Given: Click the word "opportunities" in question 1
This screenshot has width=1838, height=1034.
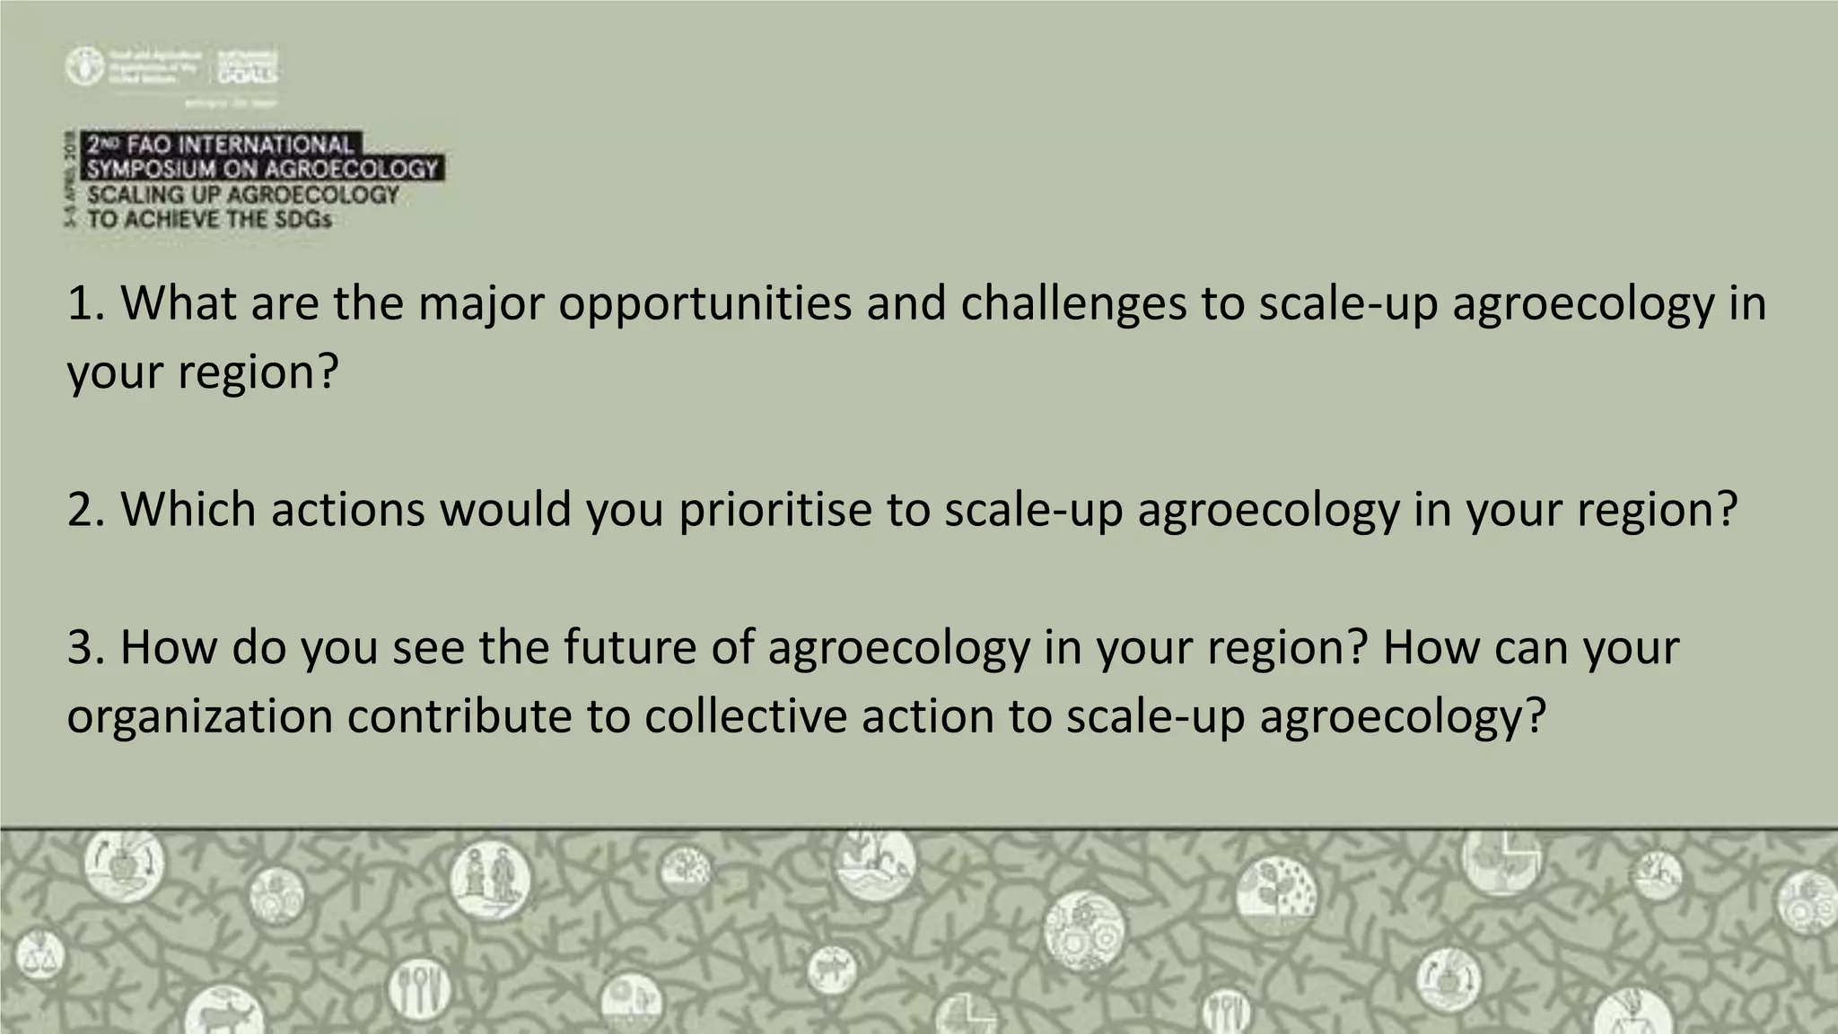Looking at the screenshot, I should point(705,303).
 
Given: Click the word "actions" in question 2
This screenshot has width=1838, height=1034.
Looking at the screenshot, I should point(347,510).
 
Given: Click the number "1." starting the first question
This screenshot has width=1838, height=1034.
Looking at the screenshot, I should point(87,303).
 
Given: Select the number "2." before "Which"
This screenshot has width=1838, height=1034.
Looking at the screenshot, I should point(87,510).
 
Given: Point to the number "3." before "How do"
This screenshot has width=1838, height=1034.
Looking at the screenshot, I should point(87,647).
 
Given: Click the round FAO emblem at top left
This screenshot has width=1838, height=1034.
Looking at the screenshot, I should point(84,66).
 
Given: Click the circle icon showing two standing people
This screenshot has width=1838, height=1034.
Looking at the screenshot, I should point(490,878).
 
